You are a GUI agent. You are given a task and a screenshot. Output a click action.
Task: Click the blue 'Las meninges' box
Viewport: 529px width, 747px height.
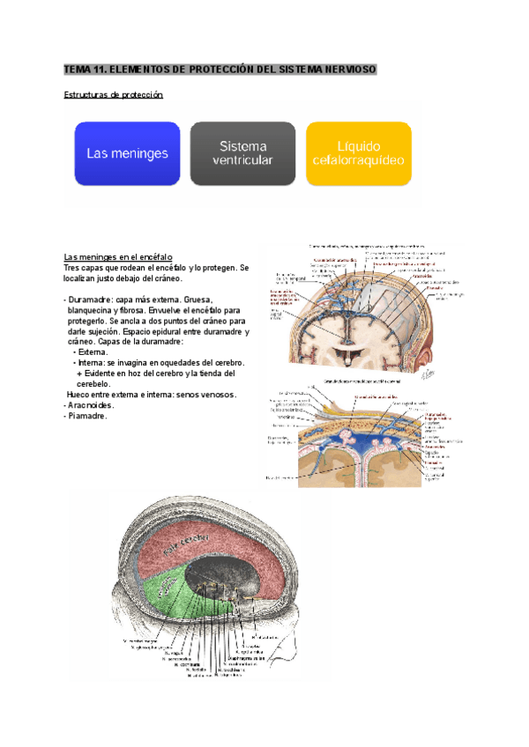click(127, 153)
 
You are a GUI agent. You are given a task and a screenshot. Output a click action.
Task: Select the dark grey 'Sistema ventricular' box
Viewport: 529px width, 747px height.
click(242, 153)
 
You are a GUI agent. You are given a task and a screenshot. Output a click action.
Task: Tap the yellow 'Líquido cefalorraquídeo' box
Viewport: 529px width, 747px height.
click(359, 153)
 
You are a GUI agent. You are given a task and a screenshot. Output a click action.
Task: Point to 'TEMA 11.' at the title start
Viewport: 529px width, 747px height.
click(83, 69)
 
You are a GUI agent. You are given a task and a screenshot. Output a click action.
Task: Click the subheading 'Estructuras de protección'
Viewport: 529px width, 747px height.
click(114, 94)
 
